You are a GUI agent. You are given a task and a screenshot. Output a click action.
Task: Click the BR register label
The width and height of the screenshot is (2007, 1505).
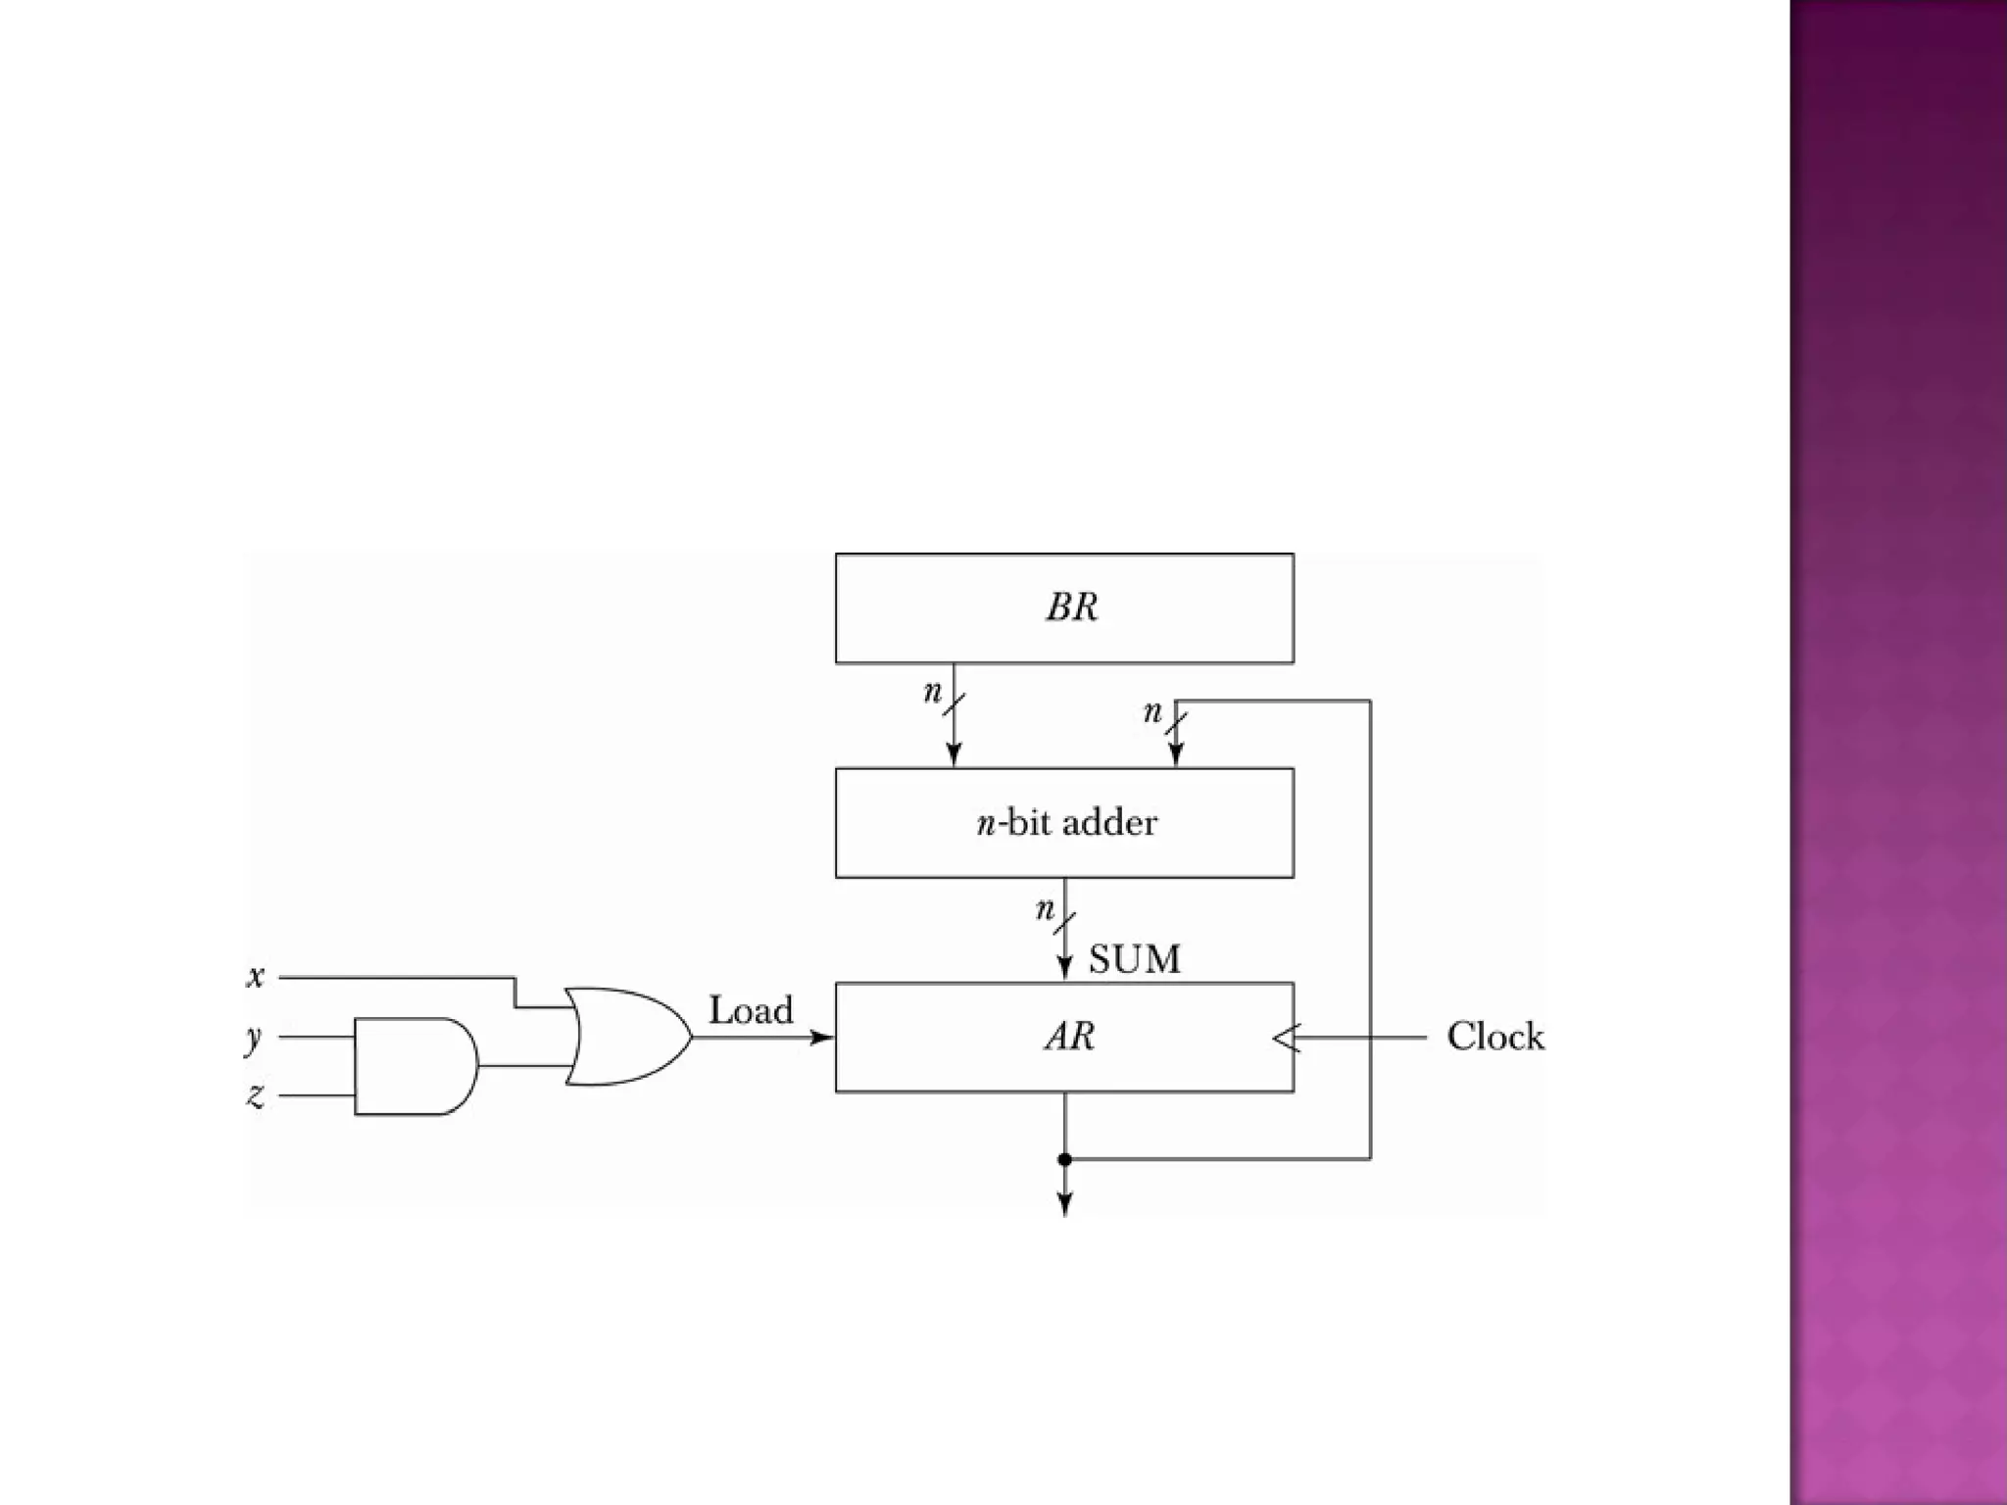[x=1071, y=607]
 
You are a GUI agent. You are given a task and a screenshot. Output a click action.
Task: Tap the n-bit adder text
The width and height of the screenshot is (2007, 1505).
[x=1066, y=822]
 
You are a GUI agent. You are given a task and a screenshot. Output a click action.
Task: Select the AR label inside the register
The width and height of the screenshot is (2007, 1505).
[x=1069, y=1036]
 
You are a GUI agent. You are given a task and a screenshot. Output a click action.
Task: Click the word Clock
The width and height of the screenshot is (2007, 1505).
[x=1494, y=1037]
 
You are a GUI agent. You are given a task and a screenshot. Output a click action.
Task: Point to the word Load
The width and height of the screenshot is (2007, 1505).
[x=751, y=1010]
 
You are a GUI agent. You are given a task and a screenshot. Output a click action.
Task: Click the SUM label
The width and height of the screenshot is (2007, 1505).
[x=1134, y=958]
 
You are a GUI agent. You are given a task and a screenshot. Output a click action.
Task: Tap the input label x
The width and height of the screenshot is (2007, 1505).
[x=256, y=977]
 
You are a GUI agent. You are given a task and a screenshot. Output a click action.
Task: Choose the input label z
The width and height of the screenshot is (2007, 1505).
[x=256, y=1095]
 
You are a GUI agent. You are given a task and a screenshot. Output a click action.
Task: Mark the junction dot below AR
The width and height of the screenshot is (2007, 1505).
[x=1065, y=1159]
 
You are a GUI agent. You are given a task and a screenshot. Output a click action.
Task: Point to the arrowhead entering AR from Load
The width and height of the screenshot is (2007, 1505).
[x=822, y=1038]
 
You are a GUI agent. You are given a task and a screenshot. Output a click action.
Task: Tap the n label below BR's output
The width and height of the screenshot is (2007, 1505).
[x=932, y=693]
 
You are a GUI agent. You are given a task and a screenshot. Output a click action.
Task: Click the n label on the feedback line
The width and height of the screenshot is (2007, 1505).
[x=1152, y=712]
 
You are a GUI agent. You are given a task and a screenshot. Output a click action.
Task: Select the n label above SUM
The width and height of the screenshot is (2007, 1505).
[x=1045, y=910]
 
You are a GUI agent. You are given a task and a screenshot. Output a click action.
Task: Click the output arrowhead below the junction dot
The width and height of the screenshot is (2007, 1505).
[x=1065, y=1204]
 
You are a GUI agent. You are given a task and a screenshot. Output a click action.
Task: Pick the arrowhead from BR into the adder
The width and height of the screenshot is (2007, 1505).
[x=954, y=754]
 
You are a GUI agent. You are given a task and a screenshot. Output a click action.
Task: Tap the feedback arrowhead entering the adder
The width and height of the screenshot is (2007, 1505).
[x=1176, y=754]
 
